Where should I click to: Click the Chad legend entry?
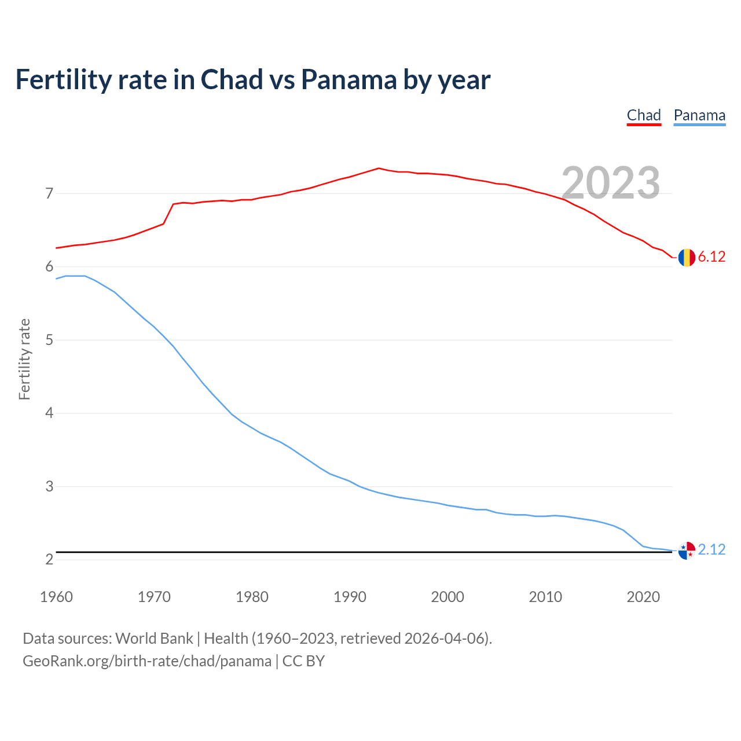644,115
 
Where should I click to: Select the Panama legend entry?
699,115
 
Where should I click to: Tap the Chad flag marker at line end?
687,257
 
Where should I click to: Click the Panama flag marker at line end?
687,551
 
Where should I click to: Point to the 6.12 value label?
711,256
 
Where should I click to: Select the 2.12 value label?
711,549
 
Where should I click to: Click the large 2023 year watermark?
611,183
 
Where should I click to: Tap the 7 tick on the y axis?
49,193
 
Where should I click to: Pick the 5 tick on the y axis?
49,340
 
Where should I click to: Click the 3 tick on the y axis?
49,486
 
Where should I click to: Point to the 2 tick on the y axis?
49,559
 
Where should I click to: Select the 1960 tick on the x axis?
56,597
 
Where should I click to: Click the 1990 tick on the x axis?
350,597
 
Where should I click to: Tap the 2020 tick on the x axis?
643,597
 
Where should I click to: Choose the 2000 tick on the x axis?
447,597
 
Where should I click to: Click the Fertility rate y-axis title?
24,359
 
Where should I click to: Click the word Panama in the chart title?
349,79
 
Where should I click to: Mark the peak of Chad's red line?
379,168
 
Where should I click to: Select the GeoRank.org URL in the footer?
147,661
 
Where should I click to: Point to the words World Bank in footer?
154,639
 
